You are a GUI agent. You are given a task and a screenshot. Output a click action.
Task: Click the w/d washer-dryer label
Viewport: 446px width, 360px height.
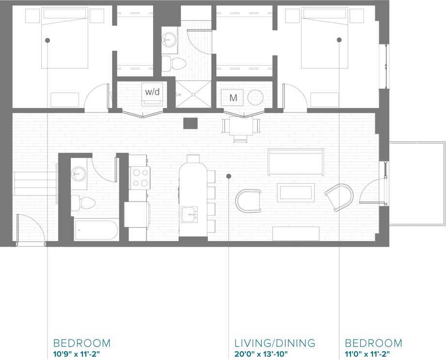coord(152,92)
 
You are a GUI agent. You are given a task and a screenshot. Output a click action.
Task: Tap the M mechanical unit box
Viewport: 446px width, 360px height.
coord(233,97)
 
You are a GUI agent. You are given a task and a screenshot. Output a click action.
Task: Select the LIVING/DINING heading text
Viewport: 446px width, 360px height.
coord(274,343)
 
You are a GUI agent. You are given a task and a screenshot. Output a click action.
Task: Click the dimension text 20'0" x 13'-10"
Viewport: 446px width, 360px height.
coord(261,354)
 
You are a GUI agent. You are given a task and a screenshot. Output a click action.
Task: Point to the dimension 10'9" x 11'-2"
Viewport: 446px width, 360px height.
coord(77,354)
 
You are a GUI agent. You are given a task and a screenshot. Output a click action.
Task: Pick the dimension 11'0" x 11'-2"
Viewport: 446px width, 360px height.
coord(367,354)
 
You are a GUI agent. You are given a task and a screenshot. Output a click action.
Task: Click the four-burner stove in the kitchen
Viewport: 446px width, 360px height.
coord(140,178)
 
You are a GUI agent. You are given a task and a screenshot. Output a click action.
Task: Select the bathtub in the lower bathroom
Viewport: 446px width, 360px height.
coord(96,230)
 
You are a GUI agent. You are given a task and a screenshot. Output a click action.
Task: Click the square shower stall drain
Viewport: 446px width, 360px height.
coord(193,94)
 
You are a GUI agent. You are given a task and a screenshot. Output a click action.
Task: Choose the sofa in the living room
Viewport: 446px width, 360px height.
coord(296,161)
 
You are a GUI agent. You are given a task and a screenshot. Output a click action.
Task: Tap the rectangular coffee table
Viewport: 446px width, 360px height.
coord(296,192)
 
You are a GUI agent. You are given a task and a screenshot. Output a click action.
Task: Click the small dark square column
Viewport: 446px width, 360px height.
coord(191,123)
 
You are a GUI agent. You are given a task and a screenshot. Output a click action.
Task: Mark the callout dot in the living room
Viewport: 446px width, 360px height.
coord(228,176)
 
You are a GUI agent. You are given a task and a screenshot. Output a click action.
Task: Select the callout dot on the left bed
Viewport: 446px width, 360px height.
coord(48,40)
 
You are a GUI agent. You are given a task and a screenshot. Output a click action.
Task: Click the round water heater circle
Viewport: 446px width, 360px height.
coord(255,97)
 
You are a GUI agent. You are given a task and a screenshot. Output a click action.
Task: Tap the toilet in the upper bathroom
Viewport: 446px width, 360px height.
coord(174,63)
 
